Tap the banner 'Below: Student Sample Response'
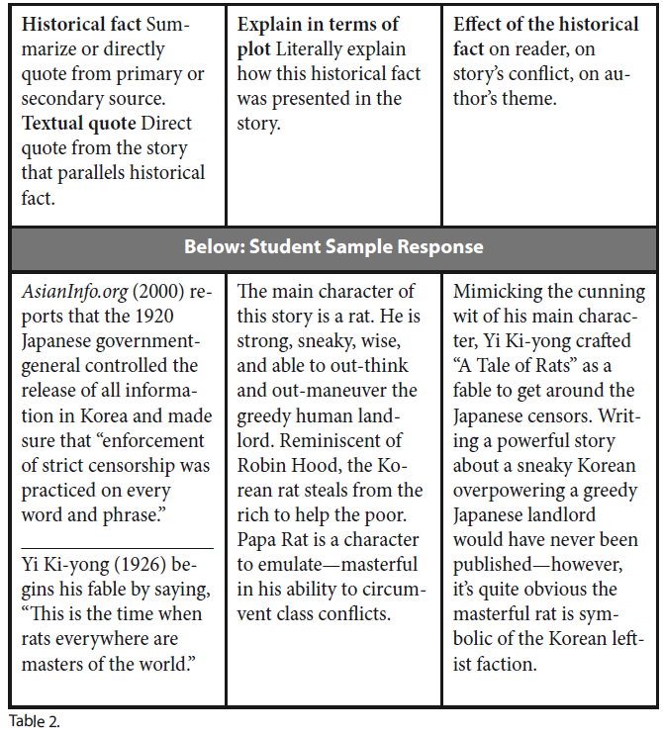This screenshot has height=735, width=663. (x=332, y=247)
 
